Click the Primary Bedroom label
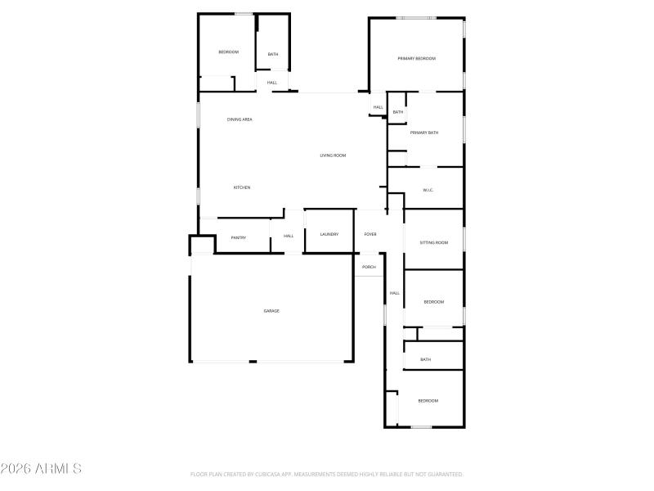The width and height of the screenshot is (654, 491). pos(416,59)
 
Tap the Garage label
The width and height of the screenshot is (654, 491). pos(271,311)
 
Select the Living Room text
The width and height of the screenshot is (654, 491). pos(333,155)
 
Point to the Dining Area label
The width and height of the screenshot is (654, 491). pos(240,119)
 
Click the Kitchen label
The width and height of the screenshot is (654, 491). pos(241,188)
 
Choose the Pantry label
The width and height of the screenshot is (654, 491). pos(239,237)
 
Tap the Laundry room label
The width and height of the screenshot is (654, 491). pos(329,235)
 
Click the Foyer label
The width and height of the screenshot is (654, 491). pos(370,235)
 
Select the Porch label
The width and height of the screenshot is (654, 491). pos(370,267)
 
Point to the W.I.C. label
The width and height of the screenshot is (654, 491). pos(428,191)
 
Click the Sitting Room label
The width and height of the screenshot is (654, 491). pos(433,243)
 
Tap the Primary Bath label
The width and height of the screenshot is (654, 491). pos(424,133)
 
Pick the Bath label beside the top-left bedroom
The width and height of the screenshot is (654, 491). pos(273,55)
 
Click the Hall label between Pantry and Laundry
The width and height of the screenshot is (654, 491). pos(289,236)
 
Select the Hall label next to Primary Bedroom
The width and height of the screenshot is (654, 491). pos(379,107)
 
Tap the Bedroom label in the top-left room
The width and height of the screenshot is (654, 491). pos(228,52)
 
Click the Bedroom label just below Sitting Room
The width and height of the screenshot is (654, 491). pos(433,303)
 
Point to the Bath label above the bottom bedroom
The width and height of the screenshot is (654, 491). pos(425,359)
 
